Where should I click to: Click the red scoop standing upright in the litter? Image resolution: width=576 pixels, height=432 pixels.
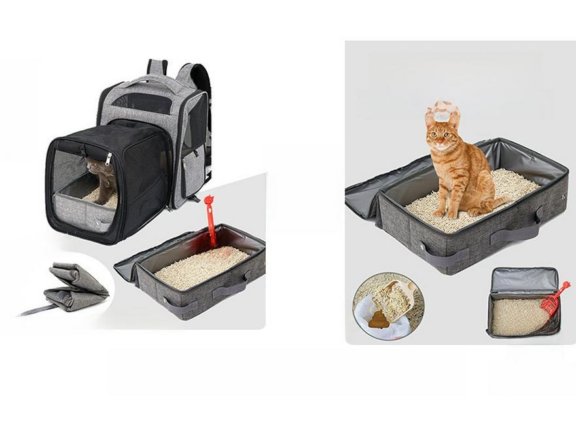210,216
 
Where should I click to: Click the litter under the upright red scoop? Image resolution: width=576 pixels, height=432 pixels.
200,264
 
